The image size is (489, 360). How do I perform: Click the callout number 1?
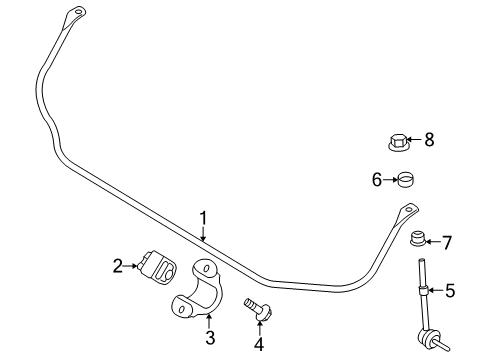coord(203,216)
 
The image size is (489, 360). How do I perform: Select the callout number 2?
coord(118,265)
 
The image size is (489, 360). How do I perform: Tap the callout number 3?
coord(210,338)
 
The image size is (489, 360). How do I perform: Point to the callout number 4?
coord(258,345)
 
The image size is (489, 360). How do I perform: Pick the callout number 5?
coord(450,291)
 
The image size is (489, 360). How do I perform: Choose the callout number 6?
coord(377,179)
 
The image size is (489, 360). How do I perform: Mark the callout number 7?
coord(447,242)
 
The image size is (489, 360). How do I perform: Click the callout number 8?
coord(429,140)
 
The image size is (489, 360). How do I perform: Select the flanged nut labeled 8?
coord(398,141)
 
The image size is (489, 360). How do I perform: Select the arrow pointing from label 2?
coord(132,265)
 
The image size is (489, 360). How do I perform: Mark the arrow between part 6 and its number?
coord(390,180)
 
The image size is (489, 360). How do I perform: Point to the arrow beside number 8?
coord(416,141)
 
